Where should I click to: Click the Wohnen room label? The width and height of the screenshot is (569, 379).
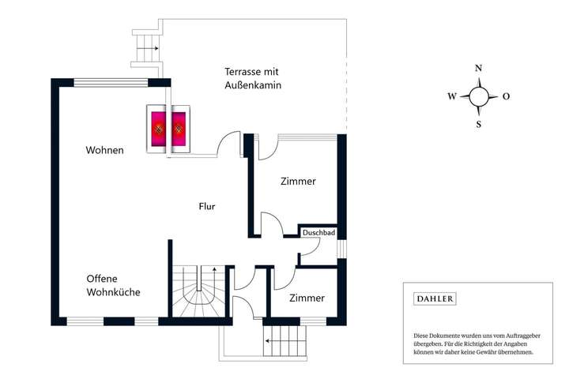click(x=104, y=150)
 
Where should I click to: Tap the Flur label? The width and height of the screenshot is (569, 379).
click(x=207, y=207)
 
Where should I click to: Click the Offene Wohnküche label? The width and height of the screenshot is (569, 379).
click(x=113, y=285)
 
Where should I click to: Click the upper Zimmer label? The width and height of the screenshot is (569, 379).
click(x=298, y=181)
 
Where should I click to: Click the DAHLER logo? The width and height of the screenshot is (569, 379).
click(x=435, y=298)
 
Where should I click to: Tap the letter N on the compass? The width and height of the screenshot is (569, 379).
click(x=478, y=69)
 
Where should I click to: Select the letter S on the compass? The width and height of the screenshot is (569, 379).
click(x=478, y=124)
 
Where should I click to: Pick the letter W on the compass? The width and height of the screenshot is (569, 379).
click(x=452, y=96)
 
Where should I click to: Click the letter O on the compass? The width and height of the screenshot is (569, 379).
click(x=506, y=96)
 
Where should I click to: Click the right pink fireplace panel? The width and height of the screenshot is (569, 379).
click(x=179, y=127)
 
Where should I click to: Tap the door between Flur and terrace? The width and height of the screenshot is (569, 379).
click(x=230, y=142)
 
